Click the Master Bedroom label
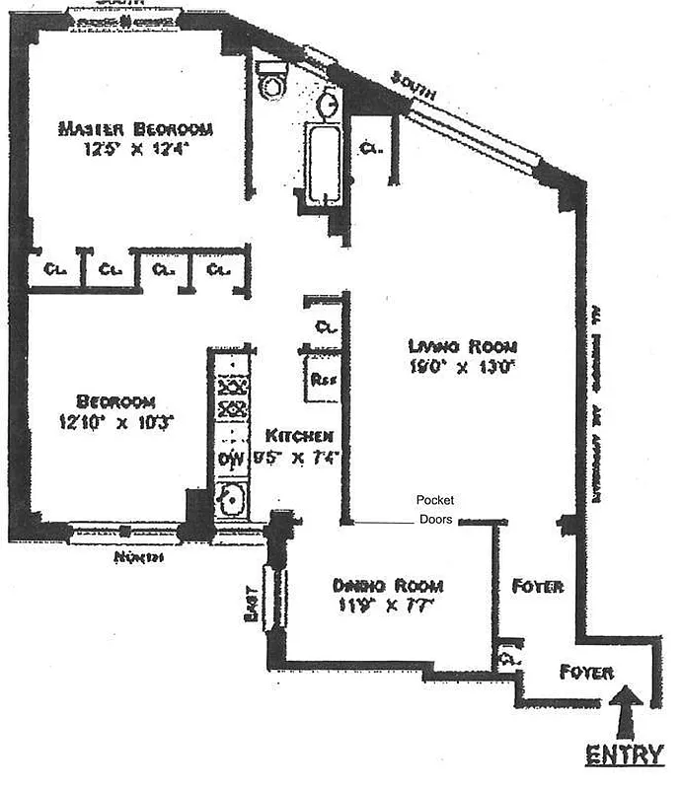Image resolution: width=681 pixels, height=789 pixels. point(135,129)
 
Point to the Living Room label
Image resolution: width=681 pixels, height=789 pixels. point(462,346)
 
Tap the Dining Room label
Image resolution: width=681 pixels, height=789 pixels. point(387,584)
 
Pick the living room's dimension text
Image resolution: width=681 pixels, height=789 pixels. point(462,367)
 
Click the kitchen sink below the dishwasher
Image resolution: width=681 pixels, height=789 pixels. point(231,499)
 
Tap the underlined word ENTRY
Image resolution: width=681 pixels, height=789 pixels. point(624,755)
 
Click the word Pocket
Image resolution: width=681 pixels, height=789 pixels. point(435,500)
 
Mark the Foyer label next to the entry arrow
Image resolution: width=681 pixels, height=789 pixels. point(586,673)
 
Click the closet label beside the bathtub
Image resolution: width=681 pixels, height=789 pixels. point(371,150)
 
